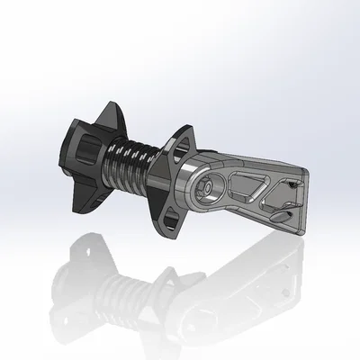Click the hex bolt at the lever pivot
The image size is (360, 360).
tap(208, 185)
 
